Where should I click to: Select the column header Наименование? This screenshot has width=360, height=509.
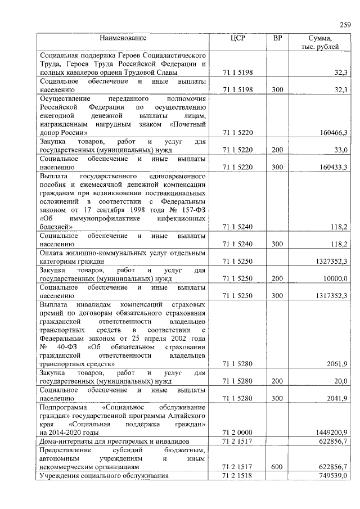tap(123, 38)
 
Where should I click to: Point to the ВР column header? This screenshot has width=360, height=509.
tap(277, 38)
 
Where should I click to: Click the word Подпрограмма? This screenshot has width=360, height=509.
tap(62, 406)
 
